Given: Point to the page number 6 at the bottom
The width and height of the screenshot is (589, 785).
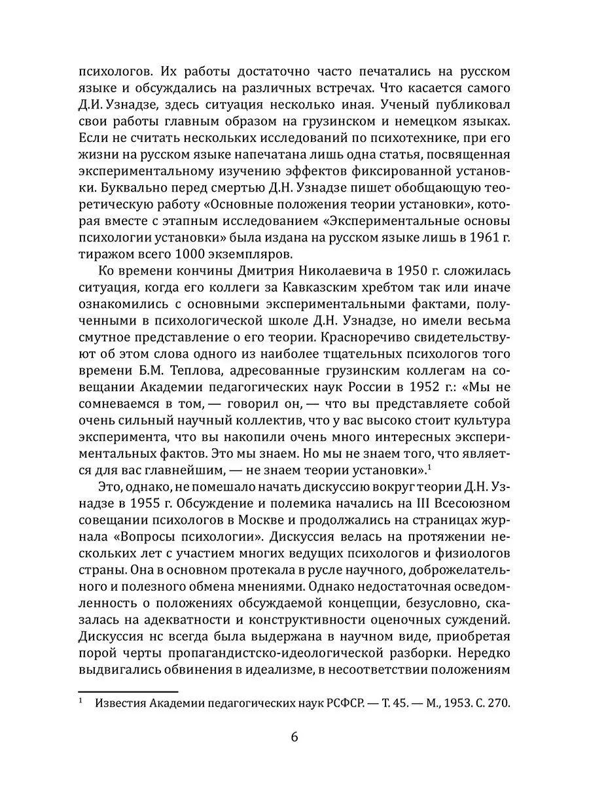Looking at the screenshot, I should coord(294,737).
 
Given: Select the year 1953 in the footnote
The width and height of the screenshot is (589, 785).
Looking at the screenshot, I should coord(450,704).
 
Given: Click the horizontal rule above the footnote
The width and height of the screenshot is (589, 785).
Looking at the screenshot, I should coord(128,691).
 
